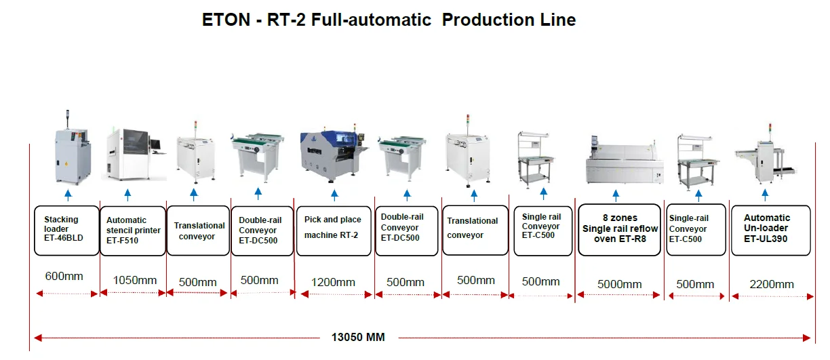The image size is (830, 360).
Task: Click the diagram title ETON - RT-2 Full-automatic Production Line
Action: (389, 20)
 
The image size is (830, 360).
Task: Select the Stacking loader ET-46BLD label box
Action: (66, 231)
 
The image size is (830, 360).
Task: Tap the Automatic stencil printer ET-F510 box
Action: (133, 231)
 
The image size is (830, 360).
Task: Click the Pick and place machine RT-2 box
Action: (334, 231)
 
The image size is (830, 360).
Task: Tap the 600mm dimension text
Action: (64, 276)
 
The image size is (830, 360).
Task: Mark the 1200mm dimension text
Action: (333, 282)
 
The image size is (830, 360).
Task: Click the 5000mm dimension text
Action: (619, 284)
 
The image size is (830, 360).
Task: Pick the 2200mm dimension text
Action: (771, 284)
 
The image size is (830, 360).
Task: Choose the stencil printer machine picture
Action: (133, 154)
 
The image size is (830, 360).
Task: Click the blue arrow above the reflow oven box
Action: (616, 196)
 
